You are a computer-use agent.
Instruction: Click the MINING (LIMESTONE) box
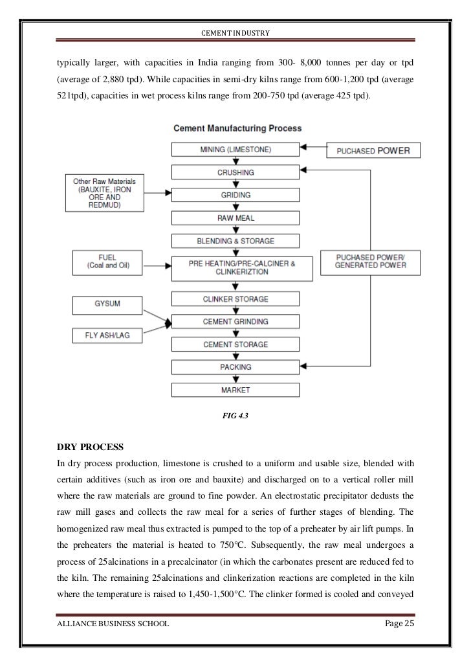[235, 150]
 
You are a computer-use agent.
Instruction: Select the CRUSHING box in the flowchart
[235, 172]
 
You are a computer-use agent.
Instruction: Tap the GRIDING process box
[235, 194]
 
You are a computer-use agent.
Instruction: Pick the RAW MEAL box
[235, 218]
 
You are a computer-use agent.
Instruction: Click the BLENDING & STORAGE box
[235, 241]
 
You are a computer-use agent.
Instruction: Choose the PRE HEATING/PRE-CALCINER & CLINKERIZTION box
[235, 267]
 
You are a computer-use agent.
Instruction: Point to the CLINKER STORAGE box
[235, 299]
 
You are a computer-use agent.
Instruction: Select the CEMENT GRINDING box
[235, 321]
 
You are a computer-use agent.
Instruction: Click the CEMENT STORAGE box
[235, 345]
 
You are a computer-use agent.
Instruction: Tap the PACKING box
[235, 367]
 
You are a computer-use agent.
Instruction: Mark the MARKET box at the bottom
[235, 390]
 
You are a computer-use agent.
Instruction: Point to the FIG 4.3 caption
[235, 417]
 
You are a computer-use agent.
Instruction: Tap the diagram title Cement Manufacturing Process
[235, 129]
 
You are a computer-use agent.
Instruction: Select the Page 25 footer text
[396, 624]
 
